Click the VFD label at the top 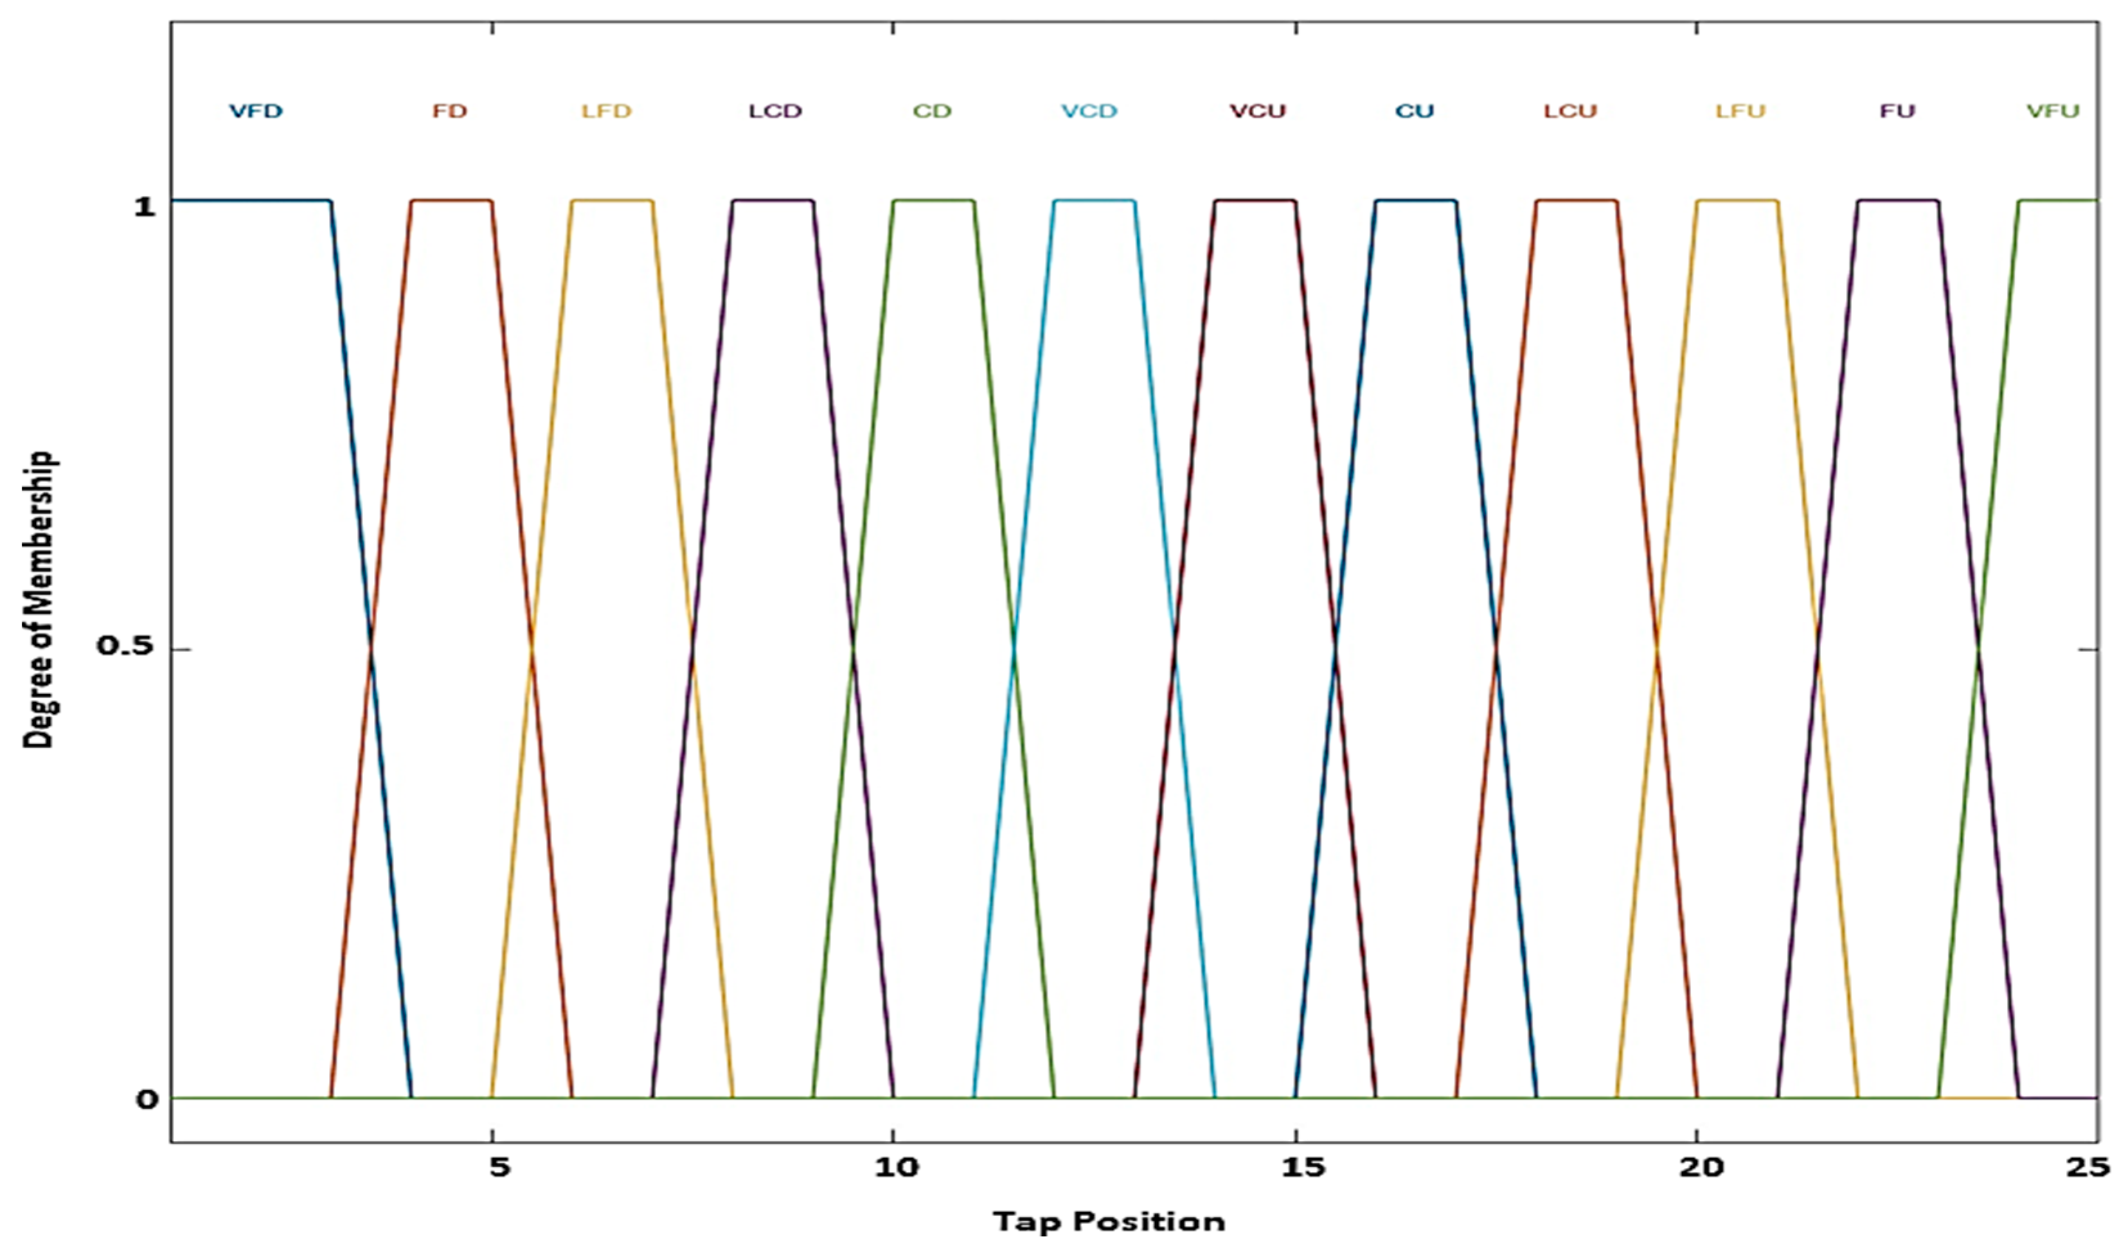tap(256, 111)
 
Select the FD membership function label tap(449, 111)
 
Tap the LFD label tap(606, 111)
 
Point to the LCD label tap(775, 111)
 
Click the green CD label tap(933, 111)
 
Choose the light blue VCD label tap(1089, 111)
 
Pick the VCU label tap(1257, 111)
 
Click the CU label tap(1415, 111)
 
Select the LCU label tap(1571, 111)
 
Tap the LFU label tap(1740, 111)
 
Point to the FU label tap(1897, 111)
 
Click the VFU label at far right tap(2053, 111)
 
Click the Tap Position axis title tap(1109, 1222)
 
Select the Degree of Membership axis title tap(38, 600)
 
